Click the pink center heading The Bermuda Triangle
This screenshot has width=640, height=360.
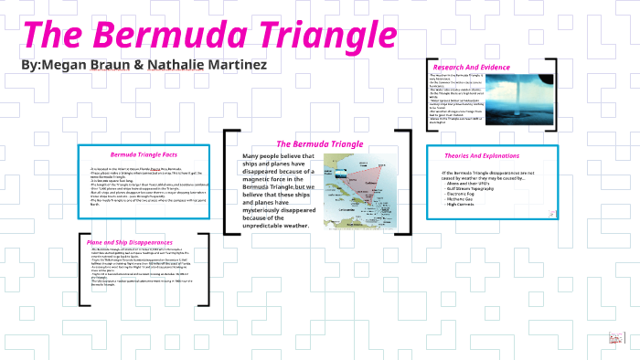320,144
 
